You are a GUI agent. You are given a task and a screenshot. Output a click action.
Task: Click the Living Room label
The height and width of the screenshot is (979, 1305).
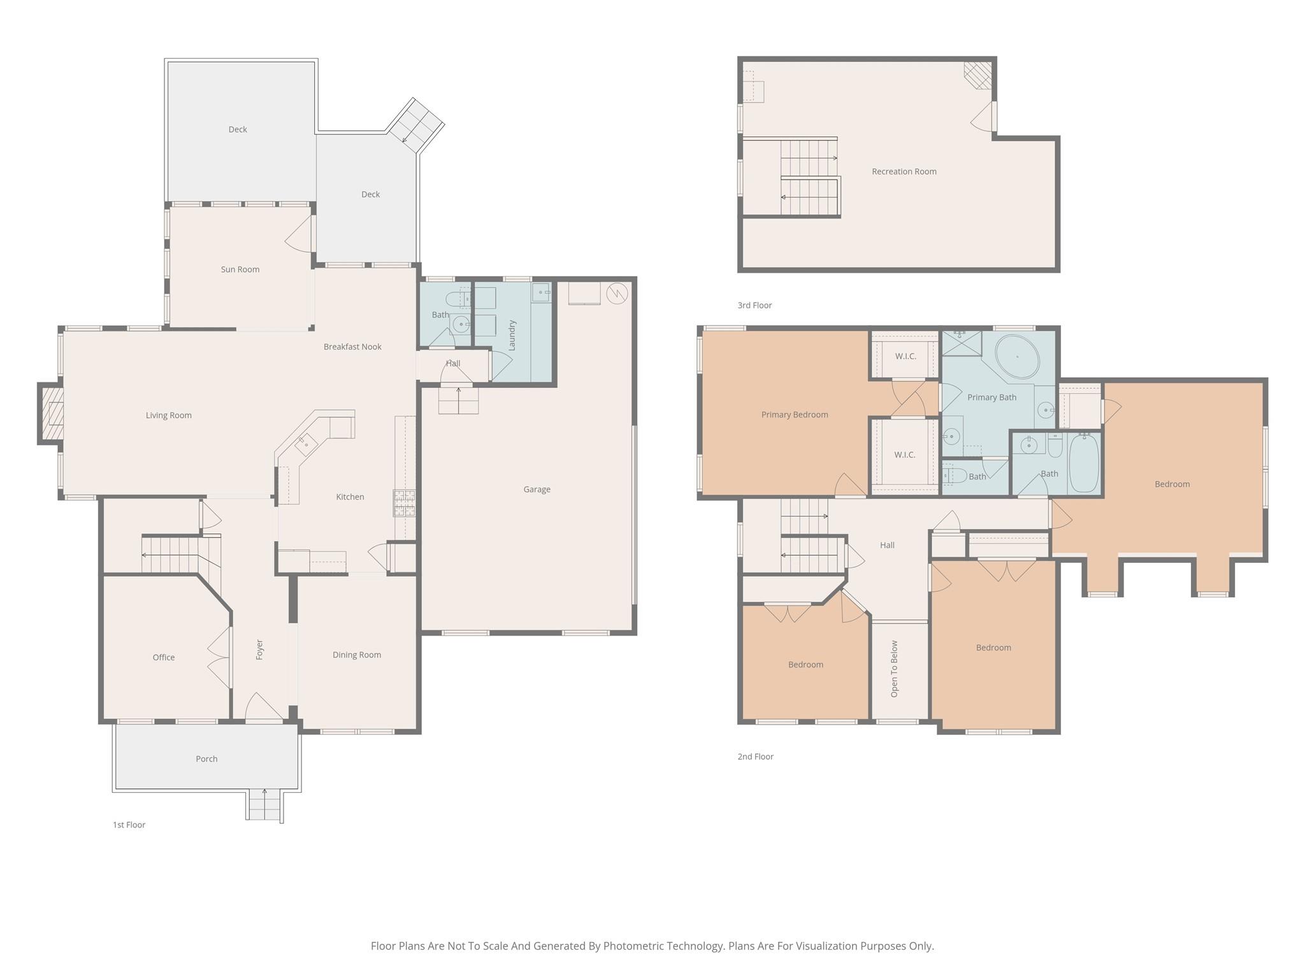click(168, 416)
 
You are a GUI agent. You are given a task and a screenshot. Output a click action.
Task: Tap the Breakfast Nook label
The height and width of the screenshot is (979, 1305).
click(352, 347)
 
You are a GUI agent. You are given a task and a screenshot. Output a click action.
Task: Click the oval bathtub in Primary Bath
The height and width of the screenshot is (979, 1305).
click(1017, 357)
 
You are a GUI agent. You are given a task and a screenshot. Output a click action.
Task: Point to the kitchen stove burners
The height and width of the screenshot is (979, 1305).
click(404, 503)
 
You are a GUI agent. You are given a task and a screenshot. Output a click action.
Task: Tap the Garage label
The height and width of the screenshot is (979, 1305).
click(537, 489)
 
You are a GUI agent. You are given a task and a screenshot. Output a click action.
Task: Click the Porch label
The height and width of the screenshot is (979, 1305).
click(206, 758)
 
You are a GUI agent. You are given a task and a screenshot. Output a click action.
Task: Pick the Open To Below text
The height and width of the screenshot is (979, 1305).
click(894, 669)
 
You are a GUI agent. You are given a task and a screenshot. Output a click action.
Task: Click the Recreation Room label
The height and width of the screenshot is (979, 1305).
click(904, 171)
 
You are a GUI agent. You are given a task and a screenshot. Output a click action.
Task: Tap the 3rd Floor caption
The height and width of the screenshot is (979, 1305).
click(754, 305)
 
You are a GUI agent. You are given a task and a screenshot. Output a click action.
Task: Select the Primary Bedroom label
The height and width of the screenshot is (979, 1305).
click(795, 415)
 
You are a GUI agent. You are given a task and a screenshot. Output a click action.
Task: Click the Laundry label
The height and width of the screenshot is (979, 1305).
click(512, 335)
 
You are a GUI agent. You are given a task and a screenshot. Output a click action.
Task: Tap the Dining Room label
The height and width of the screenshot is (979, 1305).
click(356, 655)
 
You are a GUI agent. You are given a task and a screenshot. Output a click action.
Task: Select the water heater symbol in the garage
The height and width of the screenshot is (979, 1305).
click(617, 293)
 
